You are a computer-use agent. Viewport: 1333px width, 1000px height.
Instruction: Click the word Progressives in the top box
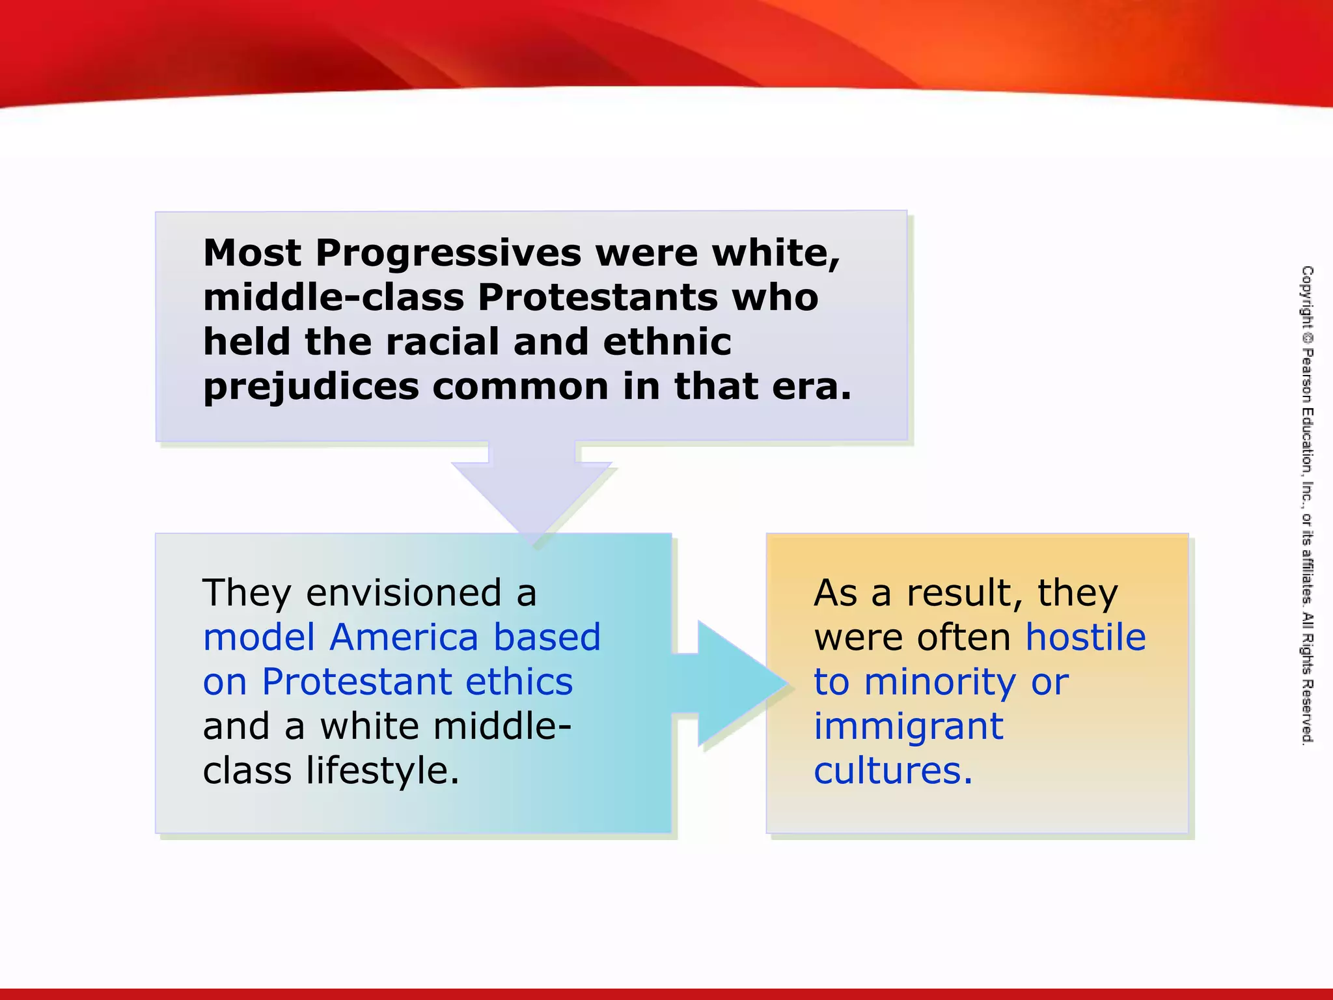pos(448,254)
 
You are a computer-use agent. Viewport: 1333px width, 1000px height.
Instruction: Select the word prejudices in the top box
pos(311,387)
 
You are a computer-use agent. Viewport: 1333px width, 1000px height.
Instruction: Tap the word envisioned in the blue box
pos(404,593)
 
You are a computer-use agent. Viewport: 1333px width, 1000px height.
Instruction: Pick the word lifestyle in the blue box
pos(383,771)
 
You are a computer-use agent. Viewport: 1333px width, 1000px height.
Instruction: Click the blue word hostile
pos(1085,637)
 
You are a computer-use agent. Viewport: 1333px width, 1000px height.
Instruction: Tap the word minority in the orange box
pos(939,683)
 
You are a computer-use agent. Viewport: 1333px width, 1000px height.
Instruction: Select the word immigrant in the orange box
pos(909,727)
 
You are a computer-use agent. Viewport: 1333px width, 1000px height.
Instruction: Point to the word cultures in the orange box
pos(892,771)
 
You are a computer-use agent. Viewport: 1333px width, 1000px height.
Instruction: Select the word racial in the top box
pos(443,342)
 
